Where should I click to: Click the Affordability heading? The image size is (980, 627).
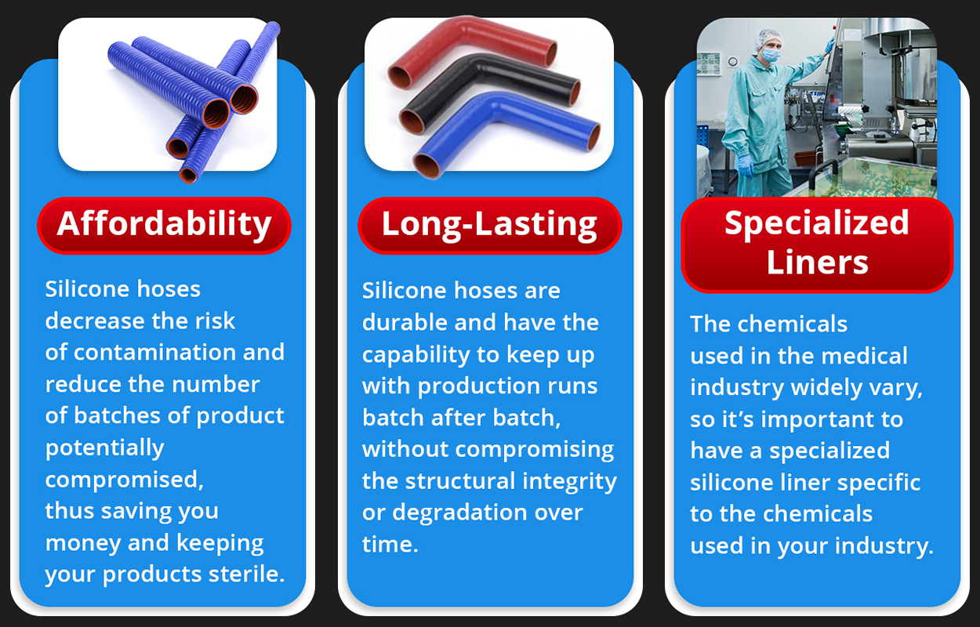coord(164,225)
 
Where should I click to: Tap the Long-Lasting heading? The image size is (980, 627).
coord(489,225)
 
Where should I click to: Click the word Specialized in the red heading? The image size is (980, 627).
coord(817,223)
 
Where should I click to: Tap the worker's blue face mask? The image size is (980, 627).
coord(771,55)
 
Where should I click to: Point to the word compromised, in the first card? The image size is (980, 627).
coord(124,480)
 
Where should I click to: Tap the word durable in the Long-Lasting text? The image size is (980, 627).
coord(405,323)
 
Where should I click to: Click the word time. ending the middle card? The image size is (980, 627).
coord(390,545)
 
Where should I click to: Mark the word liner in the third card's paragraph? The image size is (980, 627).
coord(805,483)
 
